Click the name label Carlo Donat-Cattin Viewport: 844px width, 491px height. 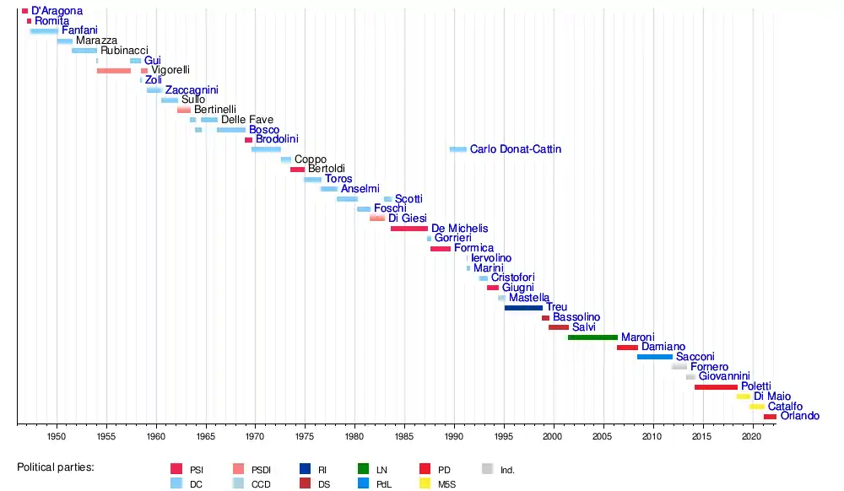coord(515,149)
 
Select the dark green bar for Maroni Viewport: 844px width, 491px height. coord(592,337)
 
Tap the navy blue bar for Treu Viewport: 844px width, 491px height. coord(523,308)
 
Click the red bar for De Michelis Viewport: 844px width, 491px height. coord(409,229)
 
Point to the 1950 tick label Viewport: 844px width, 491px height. coord(57,436)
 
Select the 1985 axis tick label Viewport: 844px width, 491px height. coord(404,436)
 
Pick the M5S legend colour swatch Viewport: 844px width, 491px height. coord(425,483)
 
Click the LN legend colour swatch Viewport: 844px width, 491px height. coord(362,469)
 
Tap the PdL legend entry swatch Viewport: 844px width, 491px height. coord(362,483)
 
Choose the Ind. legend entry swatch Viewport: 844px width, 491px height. coord(487,469)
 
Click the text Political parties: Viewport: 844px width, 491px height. coord(56,467)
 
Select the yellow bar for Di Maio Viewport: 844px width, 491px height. coord(744,397)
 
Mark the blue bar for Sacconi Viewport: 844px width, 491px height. coord(655,357)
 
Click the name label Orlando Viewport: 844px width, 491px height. coord(799,416)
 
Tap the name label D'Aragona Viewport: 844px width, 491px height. coord(57,11)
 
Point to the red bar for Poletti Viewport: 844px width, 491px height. coord(716,386)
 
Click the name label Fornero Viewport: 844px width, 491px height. coord(709,367)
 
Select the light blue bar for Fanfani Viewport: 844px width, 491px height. coord(44,31)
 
